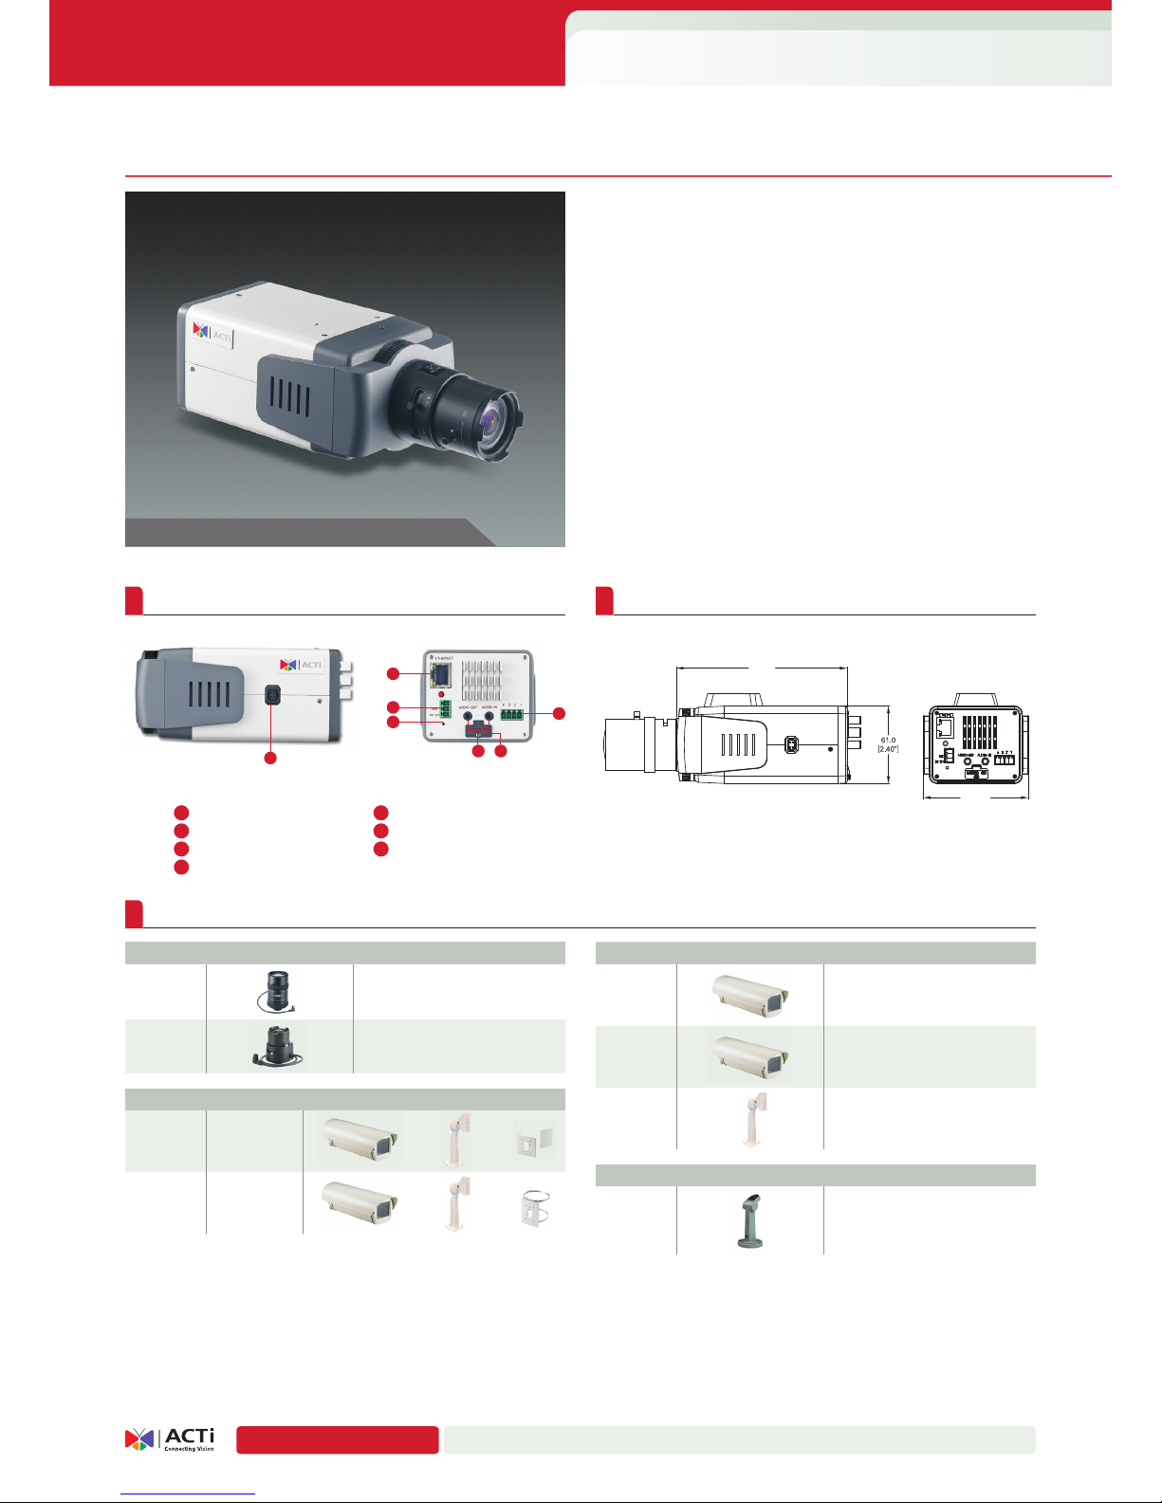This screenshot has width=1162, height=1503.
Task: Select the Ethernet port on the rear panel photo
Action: point(440,674)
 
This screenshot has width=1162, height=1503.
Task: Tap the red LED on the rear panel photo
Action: point(442,695)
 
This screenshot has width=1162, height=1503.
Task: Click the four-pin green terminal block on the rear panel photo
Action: point(512,713)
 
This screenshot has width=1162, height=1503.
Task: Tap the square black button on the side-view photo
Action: point(273,695)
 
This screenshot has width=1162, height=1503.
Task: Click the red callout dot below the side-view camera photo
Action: point(270,759)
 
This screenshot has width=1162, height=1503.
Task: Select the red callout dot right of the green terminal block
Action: point(559,713)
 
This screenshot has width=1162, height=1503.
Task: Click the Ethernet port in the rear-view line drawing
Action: point(945,727)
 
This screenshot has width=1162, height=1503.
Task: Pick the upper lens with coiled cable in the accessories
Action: point(276,991)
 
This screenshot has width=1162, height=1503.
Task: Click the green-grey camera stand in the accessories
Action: point(749,1219)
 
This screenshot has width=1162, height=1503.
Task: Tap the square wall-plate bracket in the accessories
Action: point(528,1142)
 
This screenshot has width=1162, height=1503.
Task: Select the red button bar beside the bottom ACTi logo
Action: point(338,1439)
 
